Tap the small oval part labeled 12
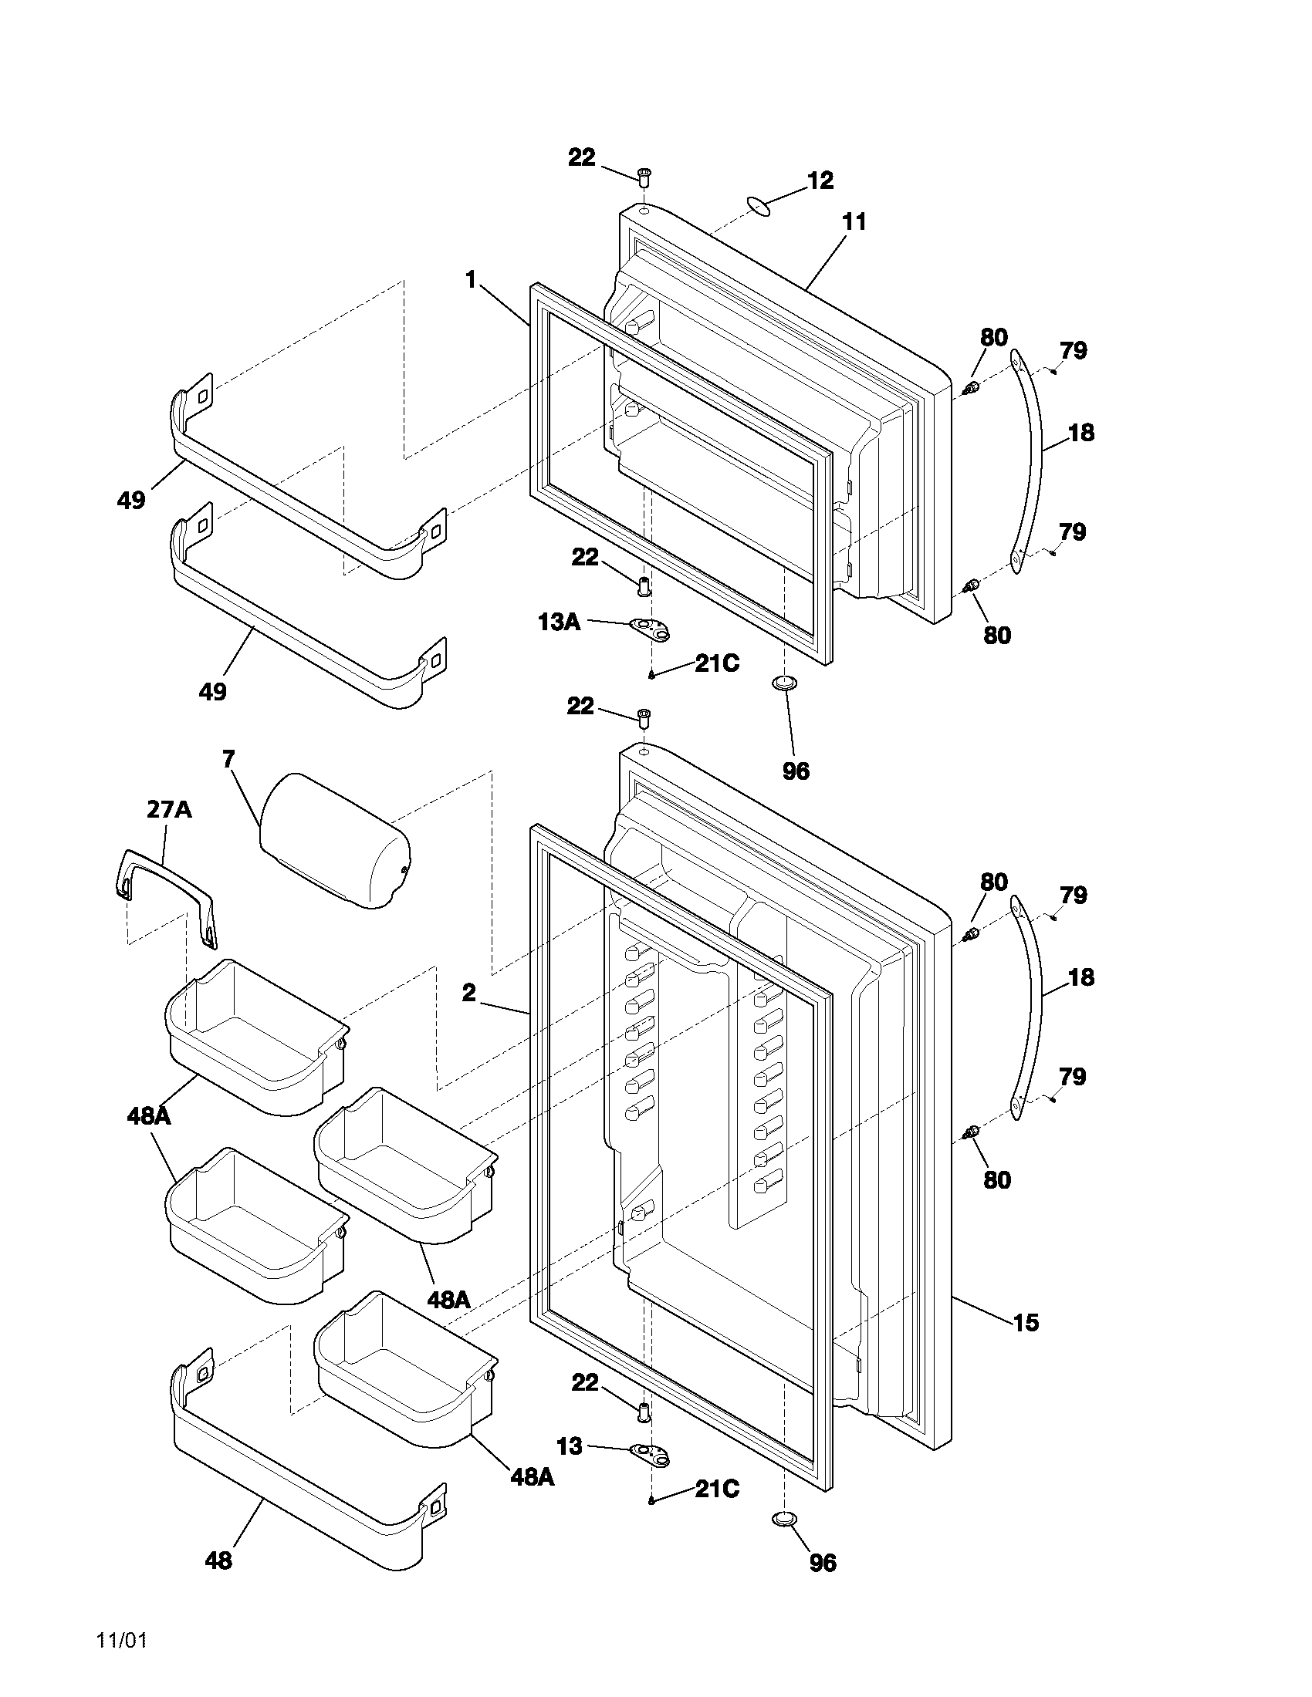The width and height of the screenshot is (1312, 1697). pyautogui.click(x=757, y=206)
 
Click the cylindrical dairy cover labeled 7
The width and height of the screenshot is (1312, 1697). pyautogui.click(x=336, y=841)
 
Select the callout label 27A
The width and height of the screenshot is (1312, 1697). pyautogui.click(x=170, y=810)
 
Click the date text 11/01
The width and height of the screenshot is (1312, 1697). pyautogui.click(x=121, y=1641)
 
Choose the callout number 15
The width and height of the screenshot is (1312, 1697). pyautogui.click(x=1026, y=1322)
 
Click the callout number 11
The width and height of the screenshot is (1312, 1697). pyautogui.click(x=854, y=222)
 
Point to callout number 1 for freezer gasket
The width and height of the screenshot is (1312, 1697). pyautogui.click(x=471, y=280)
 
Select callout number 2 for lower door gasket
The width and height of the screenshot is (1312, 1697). pyautogui.click(x=468, y=993)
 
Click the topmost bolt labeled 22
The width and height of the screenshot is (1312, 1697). pyautogui.click(x=644, y=176)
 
